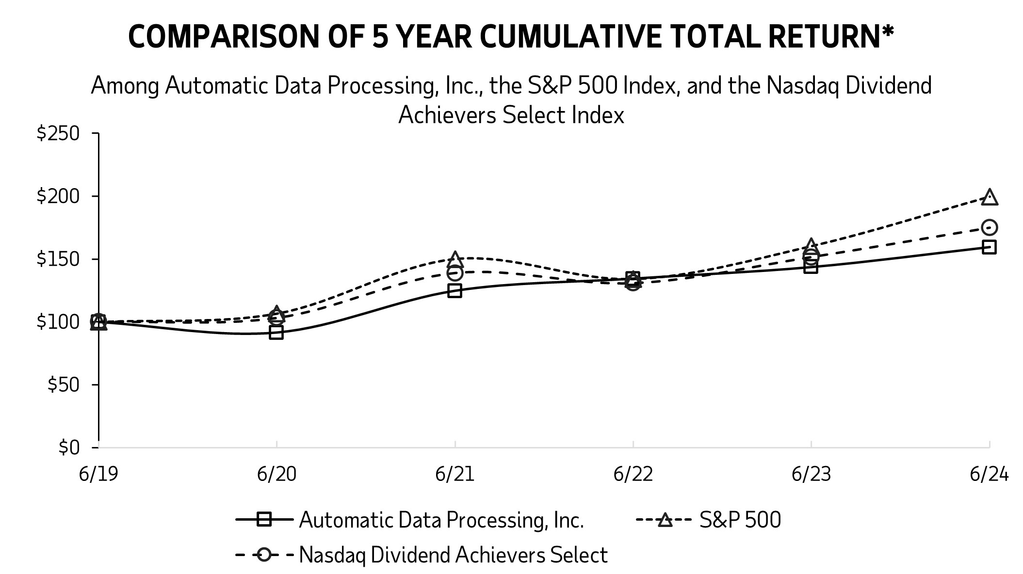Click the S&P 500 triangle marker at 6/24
click(989, 198)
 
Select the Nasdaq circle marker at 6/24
click(989, 227)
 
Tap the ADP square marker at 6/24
click(989, 247)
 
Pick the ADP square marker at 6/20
click(276, 333)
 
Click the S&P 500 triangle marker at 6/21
click(455, 259)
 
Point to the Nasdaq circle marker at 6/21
click(455, 273)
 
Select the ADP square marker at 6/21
click(455, 290)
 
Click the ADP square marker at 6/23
click(811, 267)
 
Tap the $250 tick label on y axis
click(58, 133)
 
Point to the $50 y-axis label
click(63, 385)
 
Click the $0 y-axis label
click(68, 447)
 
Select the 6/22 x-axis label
click(633, 474)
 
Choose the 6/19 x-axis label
click(98, 474)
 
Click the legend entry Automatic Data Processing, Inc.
click(441, 520)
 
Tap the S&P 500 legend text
click(740, 520)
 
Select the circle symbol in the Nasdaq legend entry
click(264, 555)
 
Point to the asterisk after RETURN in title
click(887, 31)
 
